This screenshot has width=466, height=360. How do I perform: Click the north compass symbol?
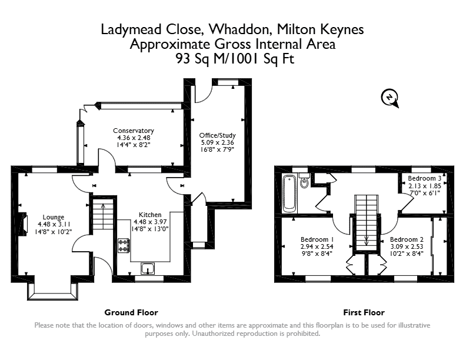click(390, 98)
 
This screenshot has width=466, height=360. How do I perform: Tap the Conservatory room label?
click(134, 131)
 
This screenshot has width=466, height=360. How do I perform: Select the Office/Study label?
click(217, 135)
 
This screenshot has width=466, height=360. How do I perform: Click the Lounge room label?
click(54, 217)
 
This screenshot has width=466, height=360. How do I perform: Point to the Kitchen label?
click(150, 215)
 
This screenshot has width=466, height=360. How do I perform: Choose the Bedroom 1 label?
click(317, 239)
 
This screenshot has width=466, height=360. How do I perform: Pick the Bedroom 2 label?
click(407, 239)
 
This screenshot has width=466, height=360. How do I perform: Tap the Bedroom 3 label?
click(424, 178)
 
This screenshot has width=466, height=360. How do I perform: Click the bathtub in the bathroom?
click(289, 193)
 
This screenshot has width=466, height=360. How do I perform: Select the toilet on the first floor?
click(304, 181)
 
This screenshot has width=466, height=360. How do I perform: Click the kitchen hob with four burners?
click(124, 245)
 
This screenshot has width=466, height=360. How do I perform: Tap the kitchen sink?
click(148, 268)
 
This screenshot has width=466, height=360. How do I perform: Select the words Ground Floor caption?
click(131, 312)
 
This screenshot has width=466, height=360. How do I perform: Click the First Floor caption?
click(364, 312)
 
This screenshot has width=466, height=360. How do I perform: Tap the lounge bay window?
click(52, 291)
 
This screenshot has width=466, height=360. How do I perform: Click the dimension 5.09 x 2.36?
click(217, 142)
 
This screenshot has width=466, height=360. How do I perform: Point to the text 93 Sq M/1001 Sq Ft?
click(235, 58)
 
